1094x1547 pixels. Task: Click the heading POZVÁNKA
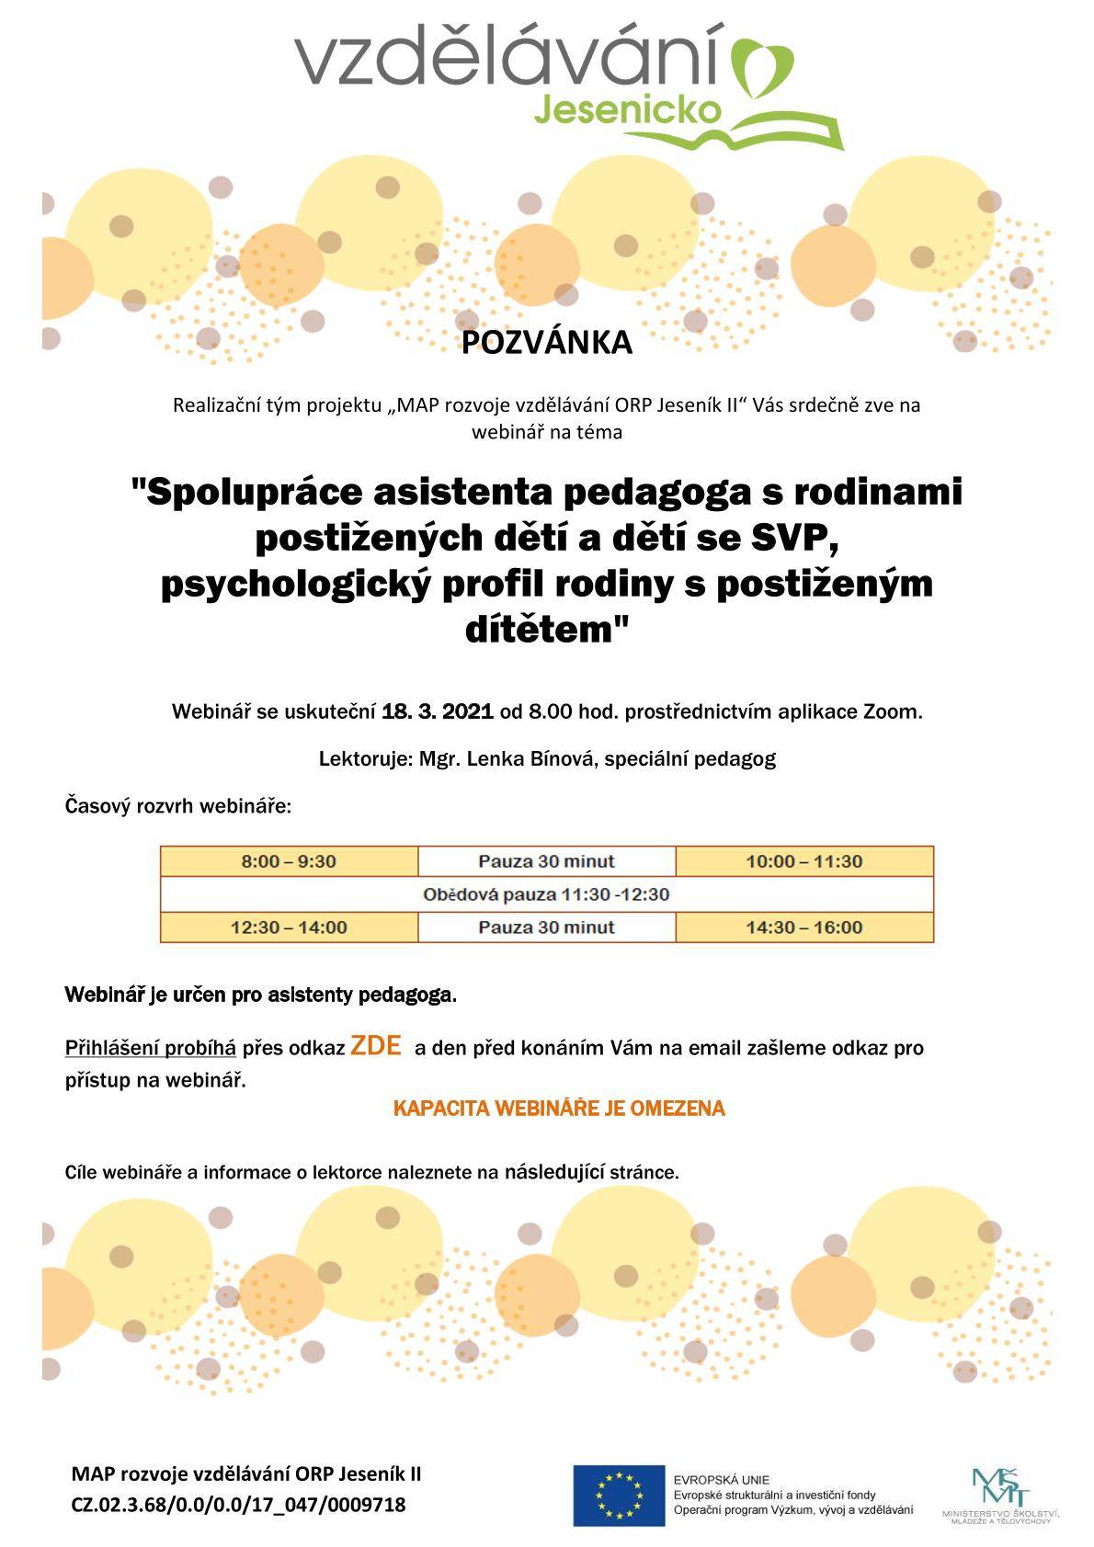546,343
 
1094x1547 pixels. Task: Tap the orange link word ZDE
375,1046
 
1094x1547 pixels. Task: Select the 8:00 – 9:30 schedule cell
289,861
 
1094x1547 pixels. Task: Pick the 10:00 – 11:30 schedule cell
803,861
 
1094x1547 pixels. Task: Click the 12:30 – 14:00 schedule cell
289,927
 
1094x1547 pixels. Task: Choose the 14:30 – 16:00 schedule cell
803,927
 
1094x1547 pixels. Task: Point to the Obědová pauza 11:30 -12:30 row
546,893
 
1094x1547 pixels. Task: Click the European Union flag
618,1494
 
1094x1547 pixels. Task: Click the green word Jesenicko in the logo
627,110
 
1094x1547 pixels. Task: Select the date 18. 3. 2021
438,711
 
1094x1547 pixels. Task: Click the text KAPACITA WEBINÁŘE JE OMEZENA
559,1109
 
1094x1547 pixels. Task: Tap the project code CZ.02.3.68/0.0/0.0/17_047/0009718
238,1505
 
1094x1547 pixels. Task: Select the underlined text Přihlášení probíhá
151,1049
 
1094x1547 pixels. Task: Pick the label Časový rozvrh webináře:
178,807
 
